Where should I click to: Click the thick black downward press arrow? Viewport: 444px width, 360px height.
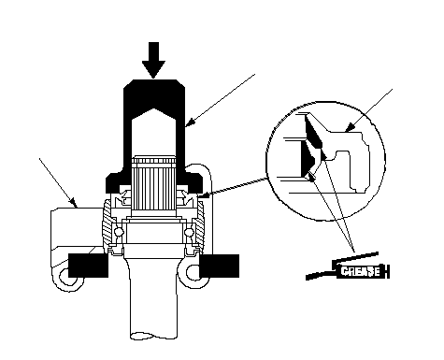(x=153, y=59)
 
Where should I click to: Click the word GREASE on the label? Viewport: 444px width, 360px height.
(x=360, y=271)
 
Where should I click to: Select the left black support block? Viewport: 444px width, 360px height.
(x=88, y=266)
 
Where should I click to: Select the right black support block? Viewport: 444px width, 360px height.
(x=219, y=266)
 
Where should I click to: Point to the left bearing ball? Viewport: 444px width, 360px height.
(x=119, y=232)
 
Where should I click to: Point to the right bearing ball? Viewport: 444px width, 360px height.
(x=189, y=232)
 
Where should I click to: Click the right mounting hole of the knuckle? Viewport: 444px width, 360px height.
(x=193, y=272)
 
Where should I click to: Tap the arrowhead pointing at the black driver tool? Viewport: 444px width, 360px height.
(x=190, y=122)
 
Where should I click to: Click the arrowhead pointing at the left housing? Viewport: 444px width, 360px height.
(x=74, y=203)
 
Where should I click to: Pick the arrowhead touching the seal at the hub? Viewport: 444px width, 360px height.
(x=203, y=195)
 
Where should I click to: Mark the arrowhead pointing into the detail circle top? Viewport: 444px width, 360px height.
(x=350, y=127)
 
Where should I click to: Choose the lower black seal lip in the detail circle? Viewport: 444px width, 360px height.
(x=308, y=159)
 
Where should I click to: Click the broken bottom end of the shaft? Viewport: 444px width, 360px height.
(x=153, y=336)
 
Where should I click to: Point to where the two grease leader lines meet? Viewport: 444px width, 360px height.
(x=354, y=252)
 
